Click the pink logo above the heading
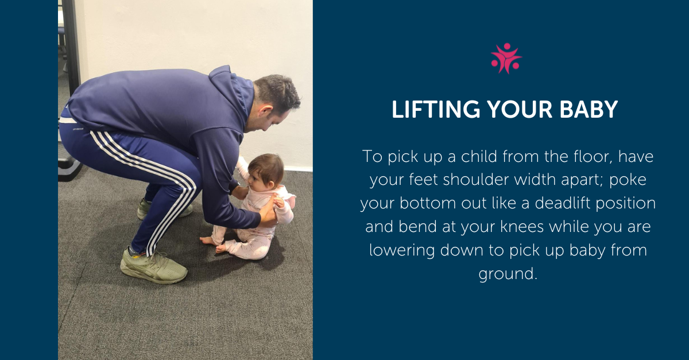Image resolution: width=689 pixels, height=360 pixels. tap(506, 58)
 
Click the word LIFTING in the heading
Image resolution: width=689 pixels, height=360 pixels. tap(436, 109)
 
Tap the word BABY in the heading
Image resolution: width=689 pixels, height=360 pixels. tap(589, 109)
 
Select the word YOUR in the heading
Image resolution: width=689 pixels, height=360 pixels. tap(520, 109)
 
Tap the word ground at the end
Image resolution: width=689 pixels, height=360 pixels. tap(508, 274)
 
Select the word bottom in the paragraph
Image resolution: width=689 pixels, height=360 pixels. tap(428, 203)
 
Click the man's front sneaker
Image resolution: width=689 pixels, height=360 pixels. tap(153, 266)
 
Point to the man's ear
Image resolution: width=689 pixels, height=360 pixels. tap(265, 110)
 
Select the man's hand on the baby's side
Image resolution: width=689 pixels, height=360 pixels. tap(268, 212)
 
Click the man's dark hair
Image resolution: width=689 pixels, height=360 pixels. tap(277, 92)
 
